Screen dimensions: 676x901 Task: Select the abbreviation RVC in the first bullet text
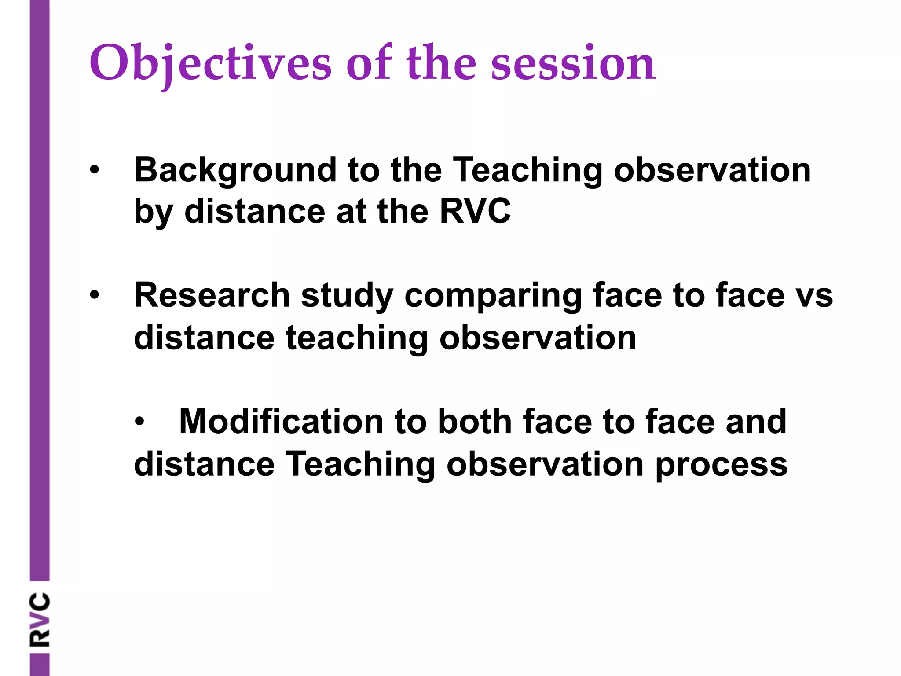[x=475, y=211]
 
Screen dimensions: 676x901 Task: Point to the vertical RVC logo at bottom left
[x=40, y=619]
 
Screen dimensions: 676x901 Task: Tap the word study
[x=347, y=296]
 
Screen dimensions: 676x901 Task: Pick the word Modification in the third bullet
[x=281, y=422]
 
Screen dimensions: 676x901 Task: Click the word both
[x=475, y=422]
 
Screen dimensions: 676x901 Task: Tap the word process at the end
[x=721, y=464]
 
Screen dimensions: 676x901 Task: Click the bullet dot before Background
[x=94, y=170]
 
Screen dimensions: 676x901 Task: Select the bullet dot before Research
[x=94, y=295]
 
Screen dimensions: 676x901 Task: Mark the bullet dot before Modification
[x=139, y=422]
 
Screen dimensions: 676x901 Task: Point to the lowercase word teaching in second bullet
[x=356, y=338]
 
